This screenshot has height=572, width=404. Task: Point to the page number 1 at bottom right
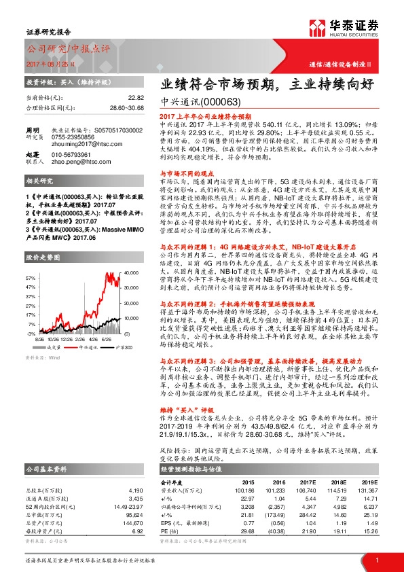click(x=376, y=559)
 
